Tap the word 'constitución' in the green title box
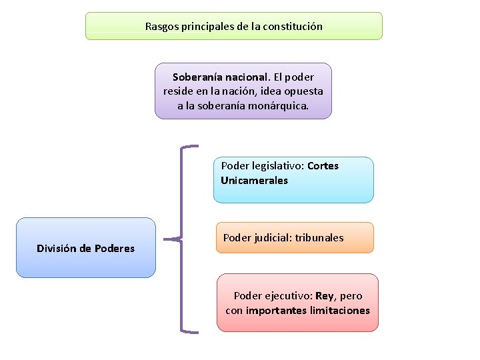point(291,27)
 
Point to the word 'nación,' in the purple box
point(236,91)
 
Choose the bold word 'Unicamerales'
point(254,180)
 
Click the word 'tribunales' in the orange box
point(319,237)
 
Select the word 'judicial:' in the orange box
point(271,237)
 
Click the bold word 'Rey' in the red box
point(325,296)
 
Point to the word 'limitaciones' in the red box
point(336,311)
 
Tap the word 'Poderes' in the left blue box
point(115,249)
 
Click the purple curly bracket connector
point(182,238)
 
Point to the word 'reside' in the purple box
point(178,91)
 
